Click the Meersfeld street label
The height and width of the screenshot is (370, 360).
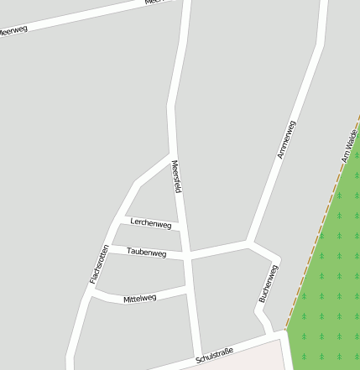pos(177,176)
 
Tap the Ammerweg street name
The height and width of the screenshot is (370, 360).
pos(286,140)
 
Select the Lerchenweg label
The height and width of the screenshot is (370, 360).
pos(151,224)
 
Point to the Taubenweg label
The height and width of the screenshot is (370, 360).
pos(146,252)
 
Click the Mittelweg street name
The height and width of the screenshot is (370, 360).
pos(139,298)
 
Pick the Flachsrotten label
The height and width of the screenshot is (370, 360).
pos(99,263)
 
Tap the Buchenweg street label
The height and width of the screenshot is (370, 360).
pos(268,284)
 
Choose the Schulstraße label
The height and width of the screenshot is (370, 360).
pos(214,356)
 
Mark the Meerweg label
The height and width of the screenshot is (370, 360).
pos(12,32)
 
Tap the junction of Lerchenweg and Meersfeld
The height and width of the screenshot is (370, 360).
pos(180,228)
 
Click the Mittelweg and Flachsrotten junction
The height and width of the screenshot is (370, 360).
pos(91,294)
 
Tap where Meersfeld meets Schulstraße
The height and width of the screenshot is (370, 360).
pos(198,360)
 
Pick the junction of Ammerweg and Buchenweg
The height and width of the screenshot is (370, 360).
pos(250,243)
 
